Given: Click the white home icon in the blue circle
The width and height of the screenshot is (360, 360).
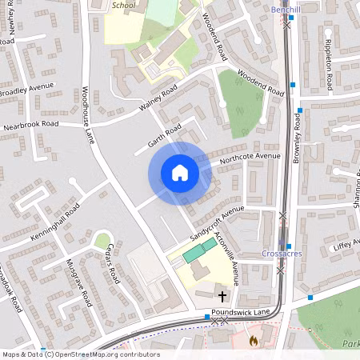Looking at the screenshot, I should coord(180,173).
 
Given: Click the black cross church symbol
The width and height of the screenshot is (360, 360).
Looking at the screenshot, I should coord(221,296).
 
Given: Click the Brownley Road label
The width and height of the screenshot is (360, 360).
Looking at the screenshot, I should coord(296,138).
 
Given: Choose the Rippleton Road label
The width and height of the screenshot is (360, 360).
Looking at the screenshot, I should coord(328,64).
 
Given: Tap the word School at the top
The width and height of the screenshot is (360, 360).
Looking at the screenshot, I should coord(124,5).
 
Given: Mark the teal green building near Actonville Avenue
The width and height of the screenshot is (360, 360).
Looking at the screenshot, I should coord(193,254).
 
